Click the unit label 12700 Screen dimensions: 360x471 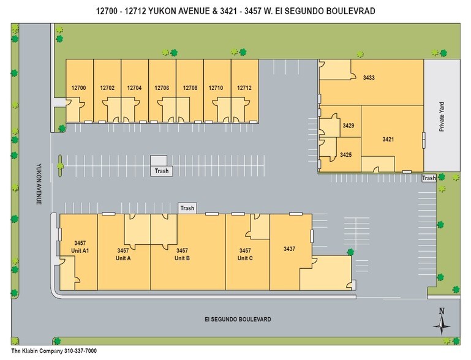click(78, 88)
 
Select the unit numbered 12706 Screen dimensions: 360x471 click(162, 88)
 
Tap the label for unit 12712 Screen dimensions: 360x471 click(244, 88)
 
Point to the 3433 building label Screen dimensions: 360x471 click(369, 78)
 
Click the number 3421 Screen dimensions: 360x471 click(388, 140)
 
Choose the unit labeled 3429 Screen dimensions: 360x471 click(349, 126)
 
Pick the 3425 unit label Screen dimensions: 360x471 click(345, 154)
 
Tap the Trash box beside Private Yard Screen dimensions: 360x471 click(429, 178)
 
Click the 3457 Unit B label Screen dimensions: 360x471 click(183, 254)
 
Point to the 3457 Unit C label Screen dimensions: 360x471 click(245, 254)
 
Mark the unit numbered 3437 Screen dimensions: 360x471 click(290, 249)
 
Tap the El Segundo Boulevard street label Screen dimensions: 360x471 click(238, 320)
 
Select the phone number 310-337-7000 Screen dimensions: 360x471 click(83, 351)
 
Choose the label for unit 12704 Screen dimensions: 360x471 click(134, 88)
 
